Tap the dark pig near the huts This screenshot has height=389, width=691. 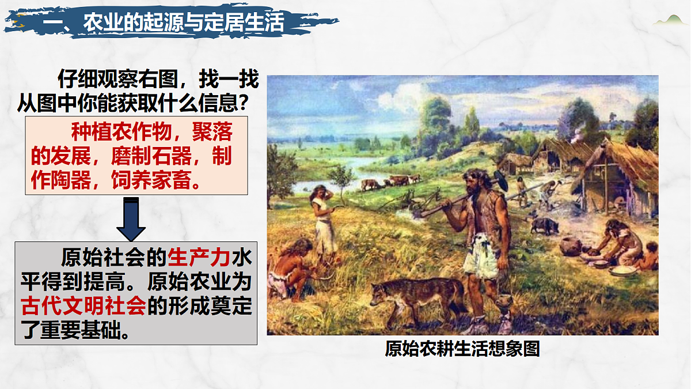(x=544, y=224)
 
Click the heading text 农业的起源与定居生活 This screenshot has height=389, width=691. (x=184, y=23)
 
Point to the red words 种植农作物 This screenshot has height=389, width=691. (x=120, y=133)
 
